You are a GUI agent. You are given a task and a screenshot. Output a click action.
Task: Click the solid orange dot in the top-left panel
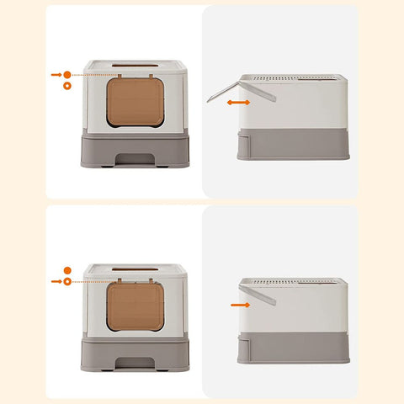point(67,75)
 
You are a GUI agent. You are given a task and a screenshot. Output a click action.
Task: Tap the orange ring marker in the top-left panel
point(67,86)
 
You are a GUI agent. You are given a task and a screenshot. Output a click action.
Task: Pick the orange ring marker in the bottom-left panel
point(67,281)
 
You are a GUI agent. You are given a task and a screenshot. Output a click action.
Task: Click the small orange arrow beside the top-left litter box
point(56,75)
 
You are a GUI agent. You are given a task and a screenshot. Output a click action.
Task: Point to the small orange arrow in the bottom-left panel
point(56,281)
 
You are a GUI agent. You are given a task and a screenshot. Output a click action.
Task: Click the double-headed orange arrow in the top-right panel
point(239,102)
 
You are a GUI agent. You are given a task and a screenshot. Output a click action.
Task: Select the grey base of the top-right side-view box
point(292,142)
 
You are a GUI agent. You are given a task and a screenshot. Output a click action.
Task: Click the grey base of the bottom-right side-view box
point(292,346)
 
